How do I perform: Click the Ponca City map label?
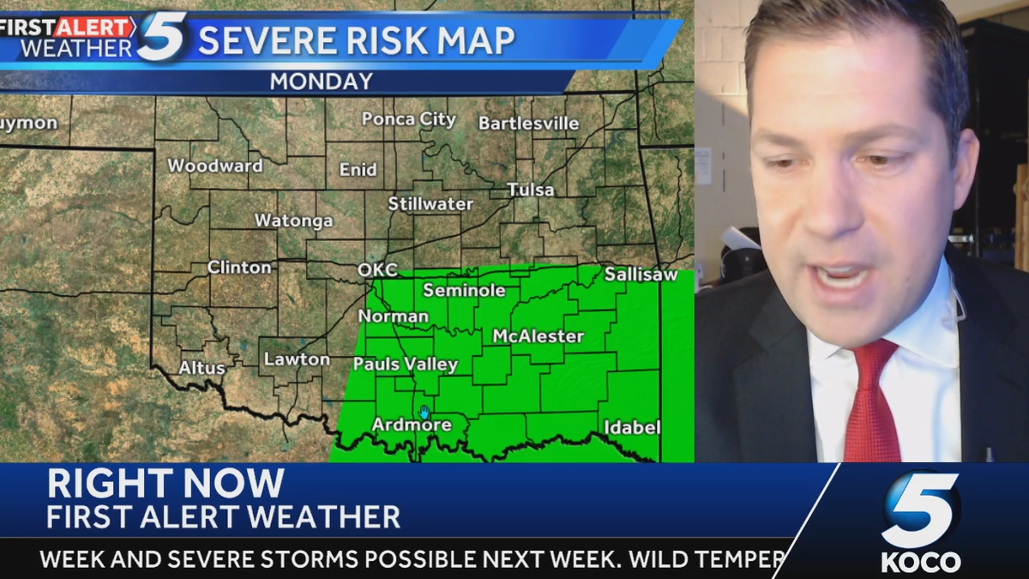(408, 119)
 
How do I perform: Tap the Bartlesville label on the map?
(528, 124)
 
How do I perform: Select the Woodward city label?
(214, 166)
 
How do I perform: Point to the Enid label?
(358, 170)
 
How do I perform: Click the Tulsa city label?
(530, 190)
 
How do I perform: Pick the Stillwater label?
(430, 204)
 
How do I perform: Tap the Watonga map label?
(293, 221)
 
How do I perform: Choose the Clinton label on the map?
(239, 268)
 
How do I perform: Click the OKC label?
(377, 270)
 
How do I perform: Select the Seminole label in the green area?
(464, 291)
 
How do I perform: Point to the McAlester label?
(538, 336)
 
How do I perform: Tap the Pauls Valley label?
(406, 365)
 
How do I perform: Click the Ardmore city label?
(411, 425)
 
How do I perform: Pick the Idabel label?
(632, 427)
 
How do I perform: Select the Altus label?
(202, 368)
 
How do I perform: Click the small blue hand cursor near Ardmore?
(424, 412)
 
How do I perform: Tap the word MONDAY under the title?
(322, 81)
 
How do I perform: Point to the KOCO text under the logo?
(920, 562)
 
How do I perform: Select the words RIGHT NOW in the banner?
(165, 485)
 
